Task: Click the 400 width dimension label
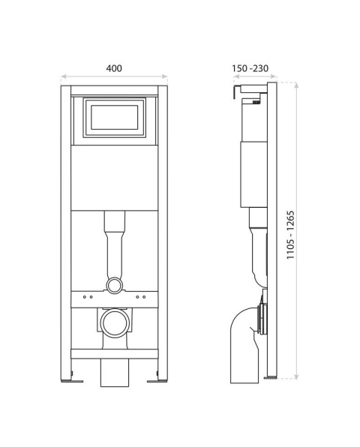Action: pyautogui.click(x=114, y=67)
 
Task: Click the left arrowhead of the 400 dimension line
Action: pyautogui.click(x=63, y=76)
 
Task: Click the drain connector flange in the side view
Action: pyautogui.click(x=262, y=319)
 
